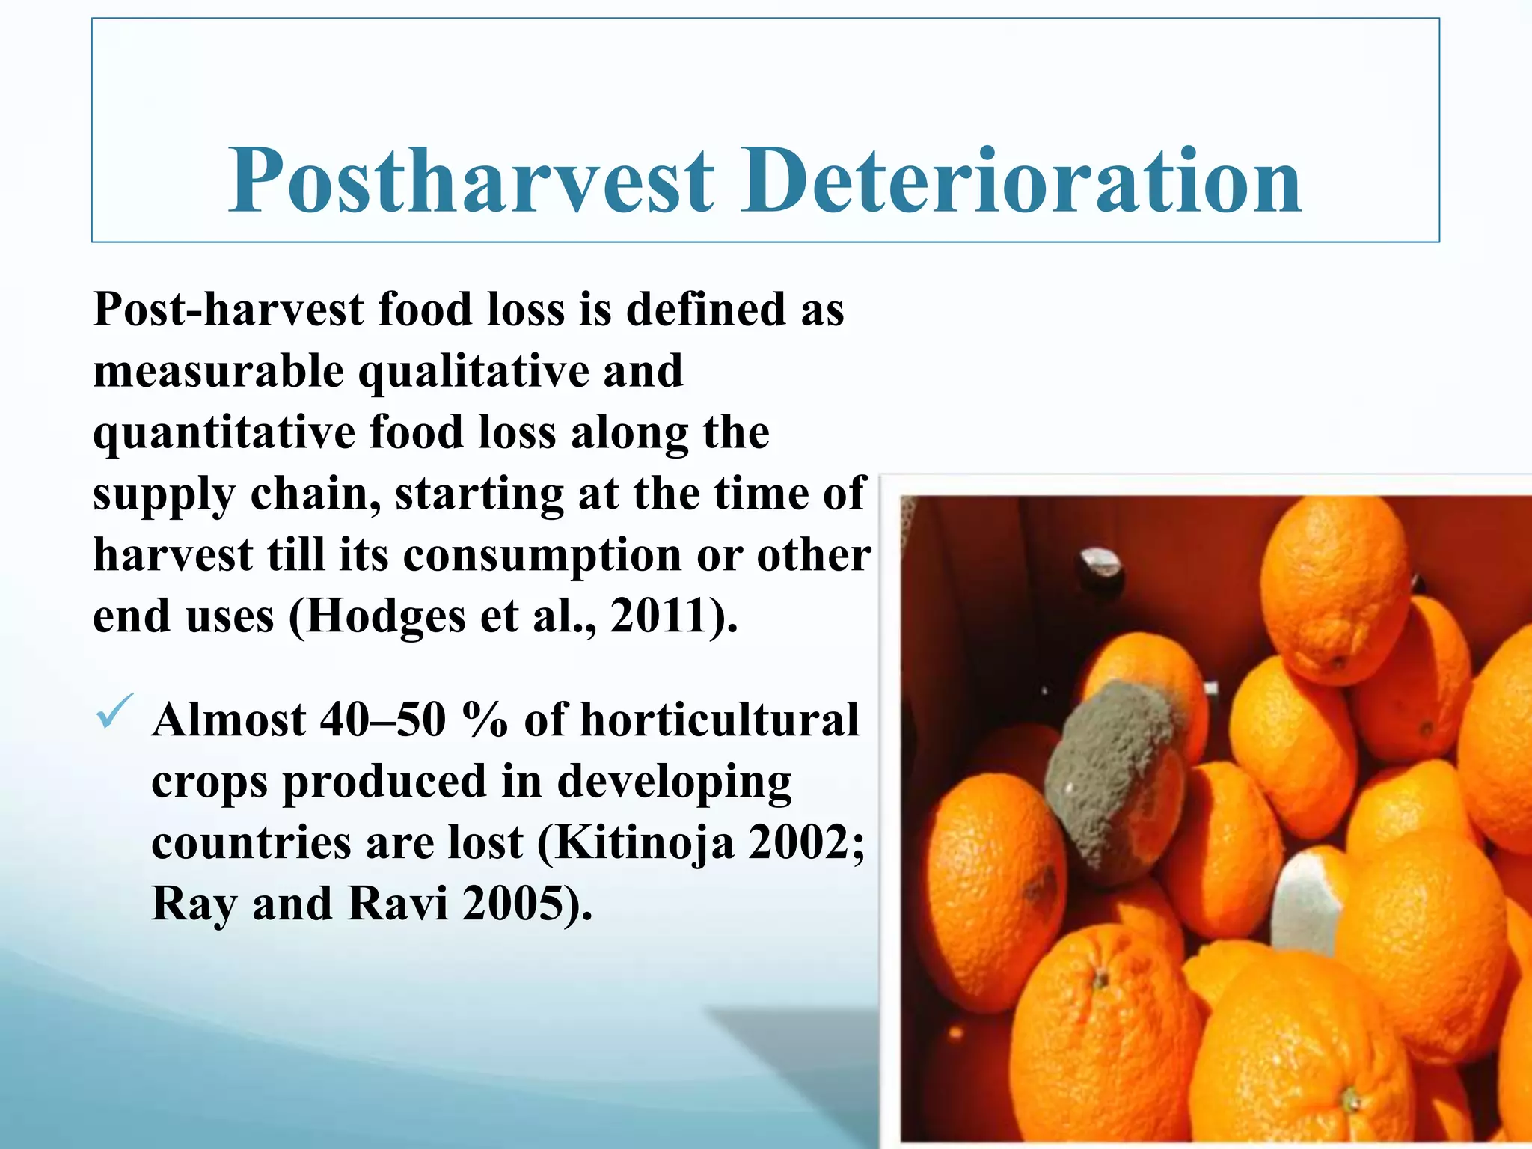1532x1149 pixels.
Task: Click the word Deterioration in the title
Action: [x=1022, y=181]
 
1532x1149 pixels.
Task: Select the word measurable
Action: [x=218, y=372]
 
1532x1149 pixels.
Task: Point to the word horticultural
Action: [x=720, y=720]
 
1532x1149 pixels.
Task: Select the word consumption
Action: [x=542, y=557]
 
